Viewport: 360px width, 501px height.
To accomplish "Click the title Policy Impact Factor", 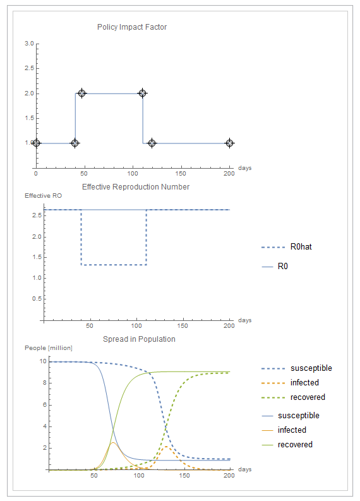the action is click(x=132, y=27).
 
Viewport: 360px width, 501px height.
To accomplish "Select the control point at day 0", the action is click(x=36, y=143).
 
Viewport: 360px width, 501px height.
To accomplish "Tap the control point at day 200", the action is click(x=229, y=143).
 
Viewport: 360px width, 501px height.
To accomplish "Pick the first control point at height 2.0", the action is click(x=81, y=94).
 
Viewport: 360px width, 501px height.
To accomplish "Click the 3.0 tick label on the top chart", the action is click(x=29, y=44).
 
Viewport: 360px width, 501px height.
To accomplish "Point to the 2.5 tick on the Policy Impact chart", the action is click(x=29, y=68).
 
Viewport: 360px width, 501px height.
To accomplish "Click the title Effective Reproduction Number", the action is click(x=136, y=187).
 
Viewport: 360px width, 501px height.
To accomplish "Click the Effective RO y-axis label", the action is click(x=43, y=196).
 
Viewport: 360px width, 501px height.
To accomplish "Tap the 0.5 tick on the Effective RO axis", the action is click(x=37, y=299).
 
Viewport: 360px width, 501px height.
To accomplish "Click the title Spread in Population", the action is click(x=139, y=339).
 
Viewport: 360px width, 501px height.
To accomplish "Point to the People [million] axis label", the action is click(x=49, y=348).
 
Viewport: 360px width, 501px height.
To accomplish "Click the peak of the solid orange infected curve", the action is click(x=113, y=443).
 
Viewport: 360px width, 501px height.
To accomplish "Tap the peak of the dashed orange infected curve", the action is click(x=167, y=447).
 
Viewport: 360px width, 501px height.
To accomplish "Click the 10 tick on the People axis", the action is click(x=43, y=361).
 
